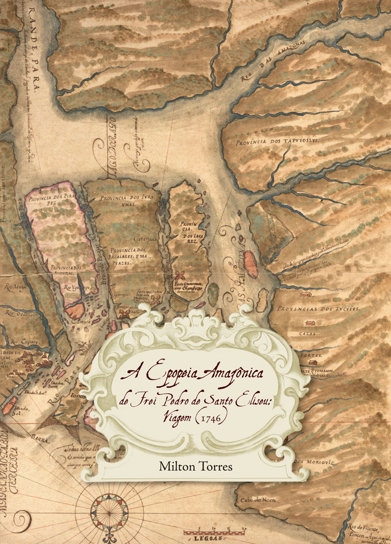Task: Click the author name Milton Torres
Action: click(x=195, y=466)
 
